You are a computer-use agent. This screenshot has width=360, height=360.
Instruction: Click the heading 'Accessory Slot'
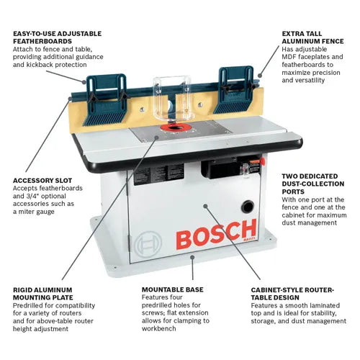[42, 181]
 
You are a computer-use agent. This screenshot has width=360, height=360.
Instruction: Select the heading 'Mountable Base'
[173, 289]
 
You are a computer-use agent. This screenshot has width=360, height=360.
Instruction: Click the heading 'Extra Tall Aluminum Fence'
[314, 38]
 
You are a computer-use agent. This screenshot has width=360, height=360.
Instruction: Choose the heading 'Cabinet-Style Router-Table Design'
[292, 294]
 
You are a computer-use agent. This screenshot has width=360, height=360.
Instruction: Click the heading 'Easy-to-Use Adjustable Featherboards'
[57, 38]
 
